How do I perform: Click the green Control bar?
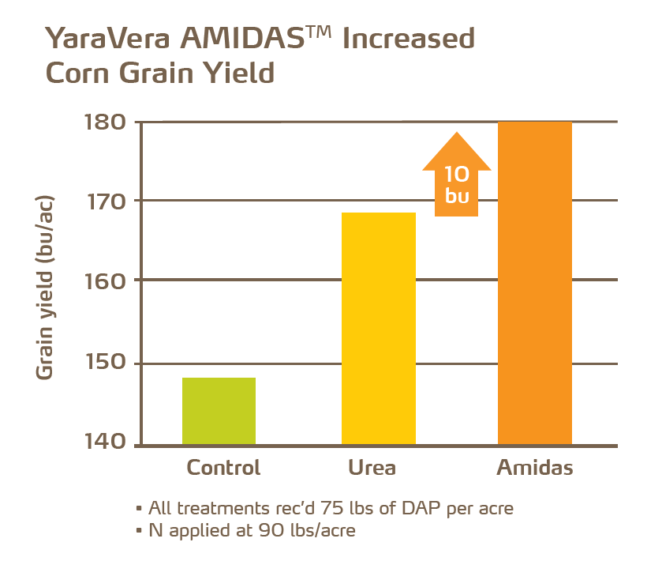click(219, 411)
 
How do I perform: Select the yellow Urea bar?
click(378, 328)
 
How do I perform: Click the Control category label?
click(223, 468)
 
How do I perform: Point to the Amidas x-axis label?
click(535, 468)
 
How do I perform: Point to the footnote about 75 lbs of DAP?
click(324, 508)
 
